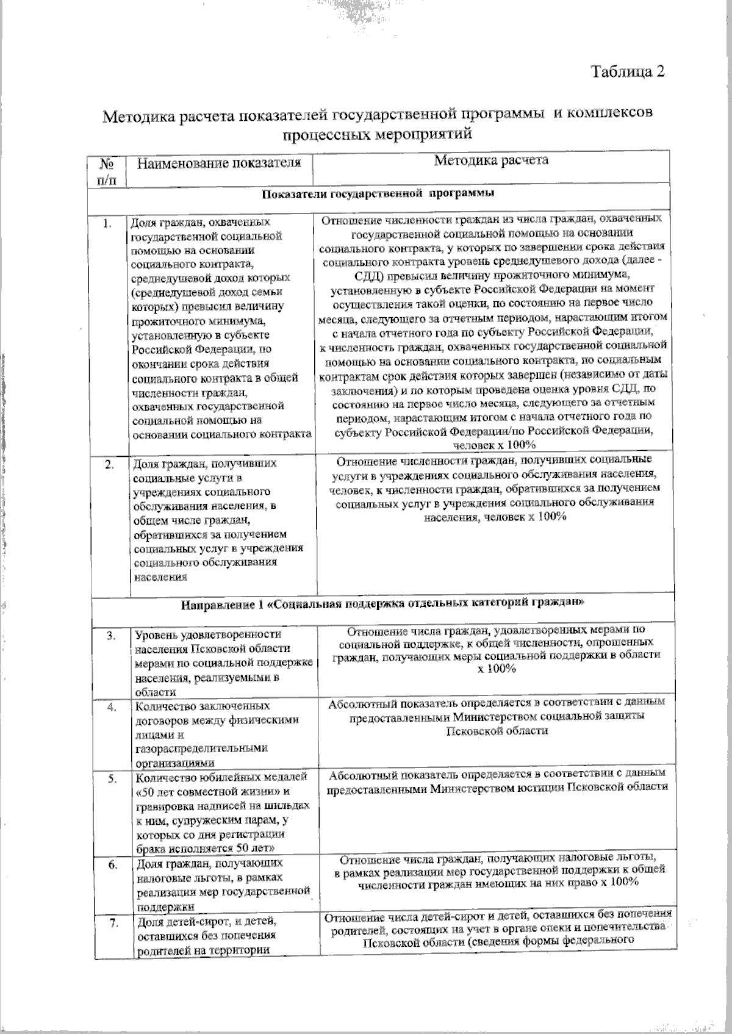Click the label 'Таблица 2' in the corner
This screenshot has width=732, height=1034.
tap(627, 72)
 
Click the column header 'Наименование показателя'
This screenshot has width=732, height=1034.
tap(219, 163)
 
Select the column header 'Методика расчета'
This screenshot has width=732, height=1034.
tap(491, 160)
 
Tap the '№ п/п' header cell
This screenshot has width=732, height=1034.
tap(108, 171)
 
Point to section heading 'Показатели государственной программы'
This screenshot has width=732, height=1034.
tap(378, 194)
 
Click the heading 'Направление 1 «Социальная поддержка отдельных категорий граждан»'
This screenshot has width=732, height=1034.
tap(384, 605)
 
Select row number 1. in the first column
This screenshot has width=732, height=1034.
tap(107, 224)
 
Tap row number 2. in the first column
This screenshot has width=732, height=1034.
tap(109, 465)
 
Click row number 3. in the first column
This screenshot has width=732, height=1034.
tap(111, 636)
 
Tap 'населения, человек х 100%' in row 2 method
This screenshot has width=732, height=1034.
tap(496, 516)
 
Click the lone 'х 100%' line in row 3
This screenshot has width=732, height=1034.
tap(497, 669)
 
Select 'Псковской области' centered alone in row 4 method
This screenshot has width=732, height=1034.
tap(497, 730)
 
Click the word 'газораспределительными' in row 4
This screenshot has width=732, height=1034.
tap(201, 748)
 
